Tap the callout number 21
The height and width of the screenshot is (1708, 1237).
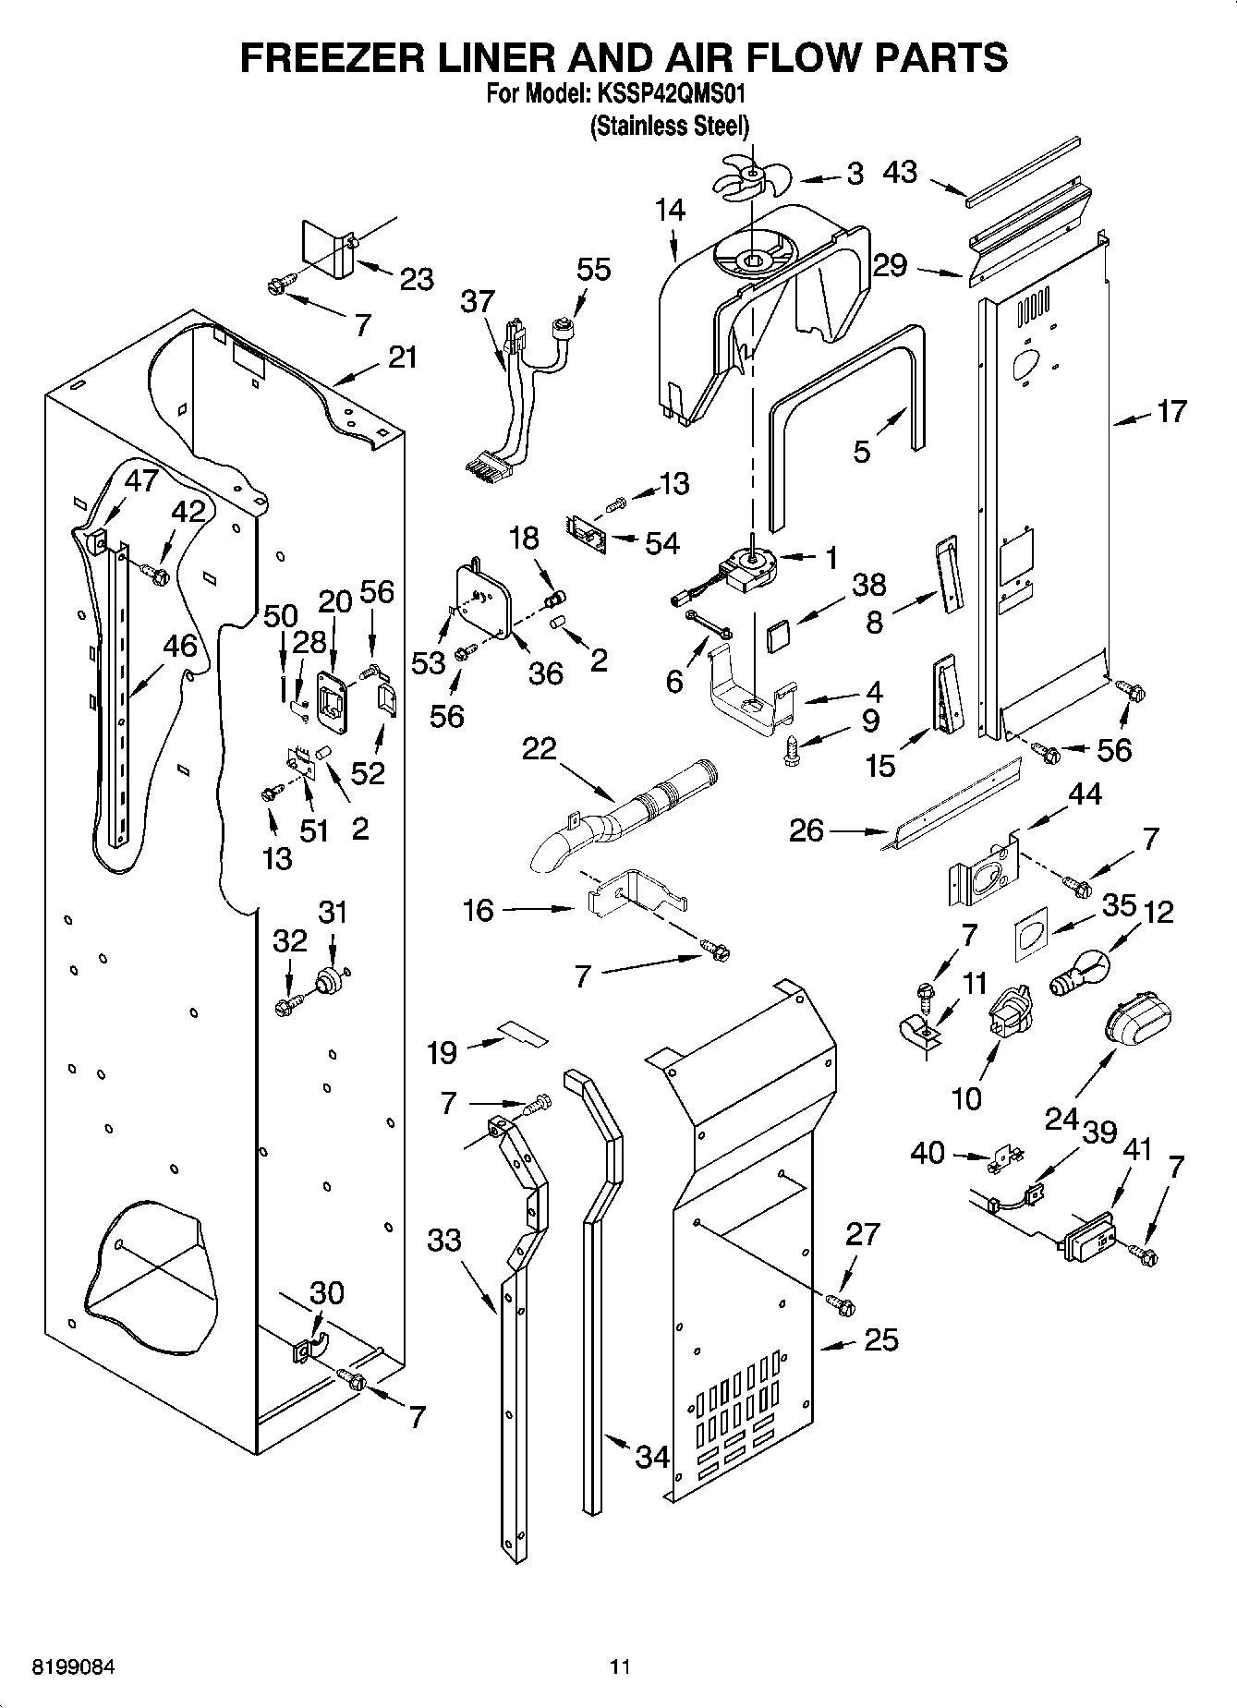(x=403, y=357)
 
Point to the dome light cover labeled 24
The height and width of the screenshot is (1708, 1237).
(x=1137, y=1024)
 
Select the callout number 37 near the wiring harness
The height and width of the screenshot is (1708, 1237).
(x=479, y=302)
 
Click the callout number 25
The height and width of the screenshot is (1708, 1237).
(x=880, y=1339)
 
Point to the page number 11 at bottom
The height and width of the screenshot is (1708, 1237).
(x=619, y=1666)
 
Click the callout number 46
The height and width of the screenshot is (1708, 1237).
(x=180, y=646)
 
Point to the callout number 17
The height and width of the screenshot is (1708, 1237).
(x=1171, y=412)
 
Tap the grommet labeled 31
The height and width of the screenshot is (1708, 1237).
(x=328, y=980)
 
